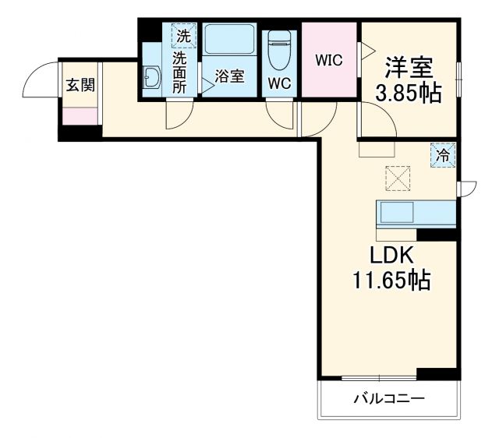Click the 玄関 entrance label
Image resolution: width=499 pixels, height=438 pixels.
[80, 84]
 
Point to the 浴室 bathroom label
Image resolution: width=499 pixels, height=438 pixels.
[230, 76]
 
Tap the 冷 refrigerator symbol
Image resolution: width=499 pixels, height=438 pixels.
[442, 155]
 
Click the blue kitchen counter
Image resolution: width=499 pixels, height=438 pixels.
[416, 213]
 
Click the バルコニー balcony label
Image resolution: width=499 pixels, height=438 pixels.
[388, 399]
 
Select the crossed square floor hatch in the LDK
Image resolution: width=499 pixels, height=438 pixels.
[398, 179]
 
